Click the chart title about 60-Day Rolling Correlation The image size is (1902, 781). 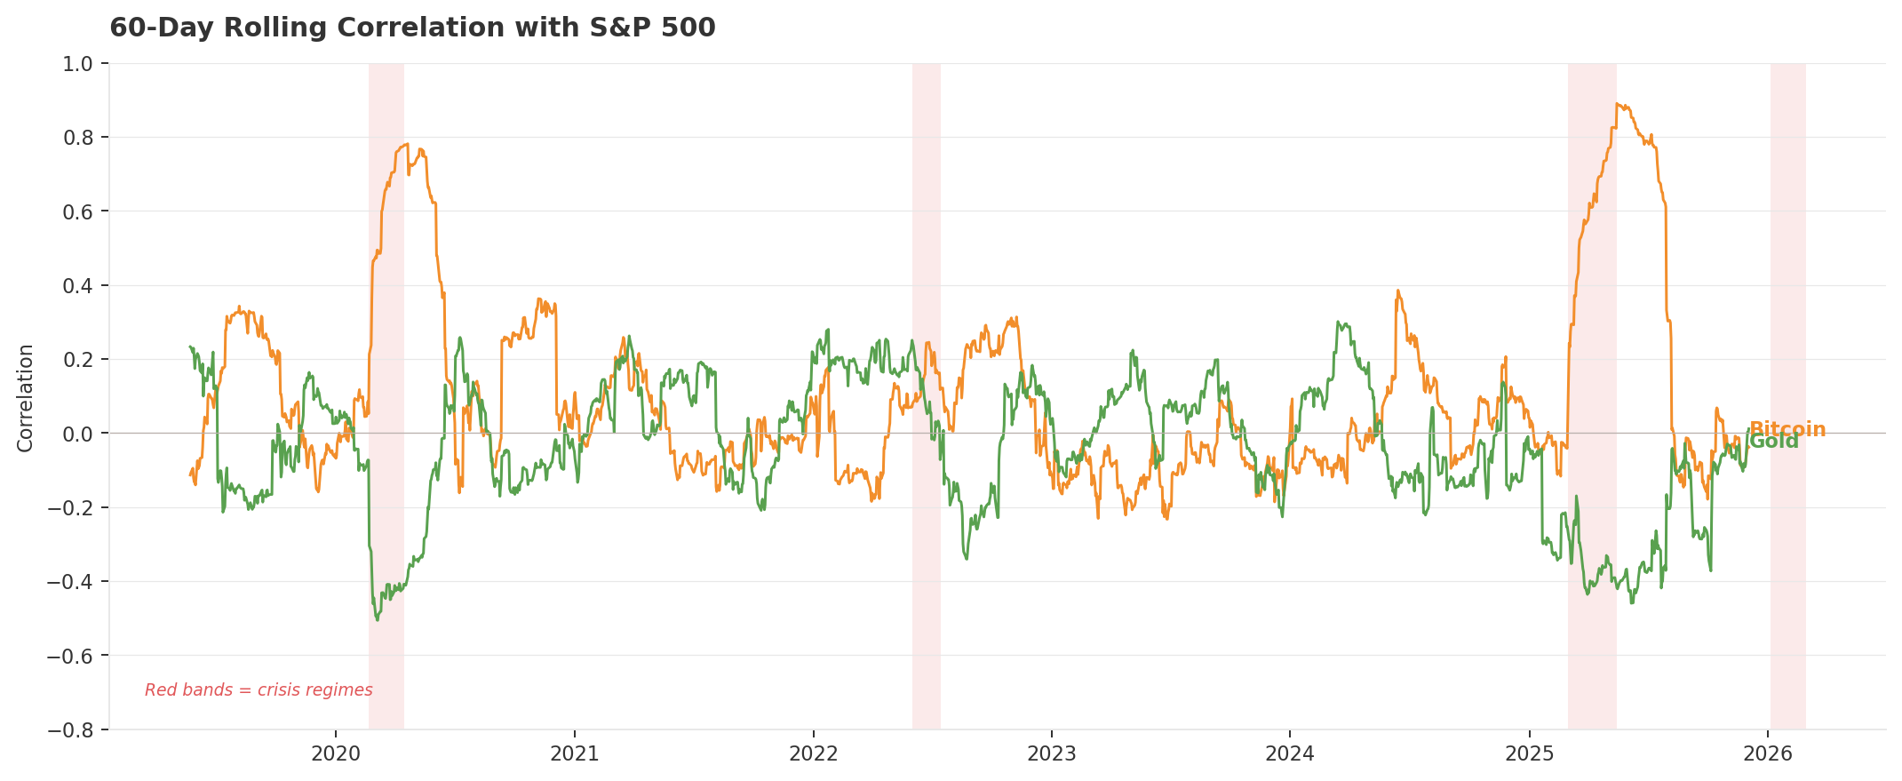click(412, 28)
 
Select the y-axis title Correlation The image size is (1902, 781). click(26, 397)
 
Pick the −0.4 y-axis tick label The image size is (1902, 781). click(76, 582)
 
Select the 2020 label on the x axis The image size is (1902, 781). click(336, 754)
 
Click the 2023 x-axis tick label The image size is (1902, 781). click(1052, 754)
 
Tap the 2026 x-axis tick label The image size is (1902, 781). click(1768, 754)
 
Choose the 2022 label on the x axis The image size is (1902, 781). click(813, 754)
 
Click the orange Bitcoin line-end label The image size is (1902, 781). click(1787, 430)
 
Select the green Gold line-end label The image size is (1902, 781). click(1774, 442)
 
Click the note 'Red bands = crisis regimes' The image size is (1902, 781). click(259, 690)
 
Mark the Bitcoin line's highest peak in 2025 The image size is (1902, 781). click(1618, 104)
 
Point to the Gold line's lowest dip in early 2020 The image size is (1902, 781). click(377, 619)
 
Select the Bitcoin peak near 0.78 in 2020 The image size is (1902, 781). click(405, 144)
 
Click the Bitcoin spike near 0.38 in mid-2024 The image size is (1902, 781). click(1397, 291)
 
